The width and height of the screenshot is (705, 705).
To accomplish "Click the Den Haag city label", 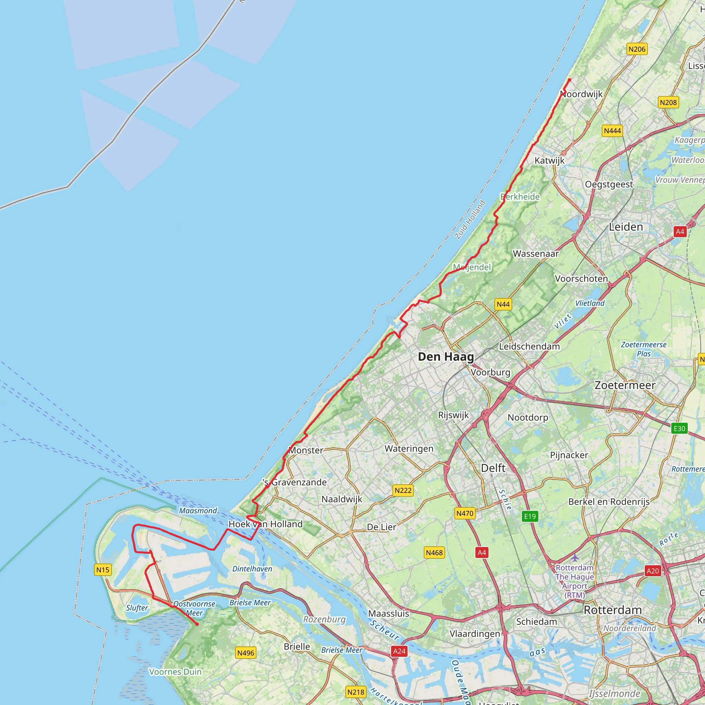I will pyautogui.click(x=445, y=357).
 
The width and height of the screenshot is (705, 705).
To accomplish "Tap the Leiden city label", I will pyautogui.click(x=626, y=227).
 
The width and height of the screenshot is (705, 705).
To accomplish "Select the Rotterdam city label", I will pyautogui.click(x=613, y=610).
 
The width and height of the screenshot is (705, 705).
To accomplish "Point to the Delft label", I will pyautogui.click(x=493, y=468).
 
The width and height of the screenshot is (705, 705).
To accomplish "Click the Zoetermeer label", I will pyautogui.click(x=625, y=385).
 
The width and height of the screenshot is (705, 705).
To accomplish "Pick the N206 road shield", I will pyautogui.click(x=637, y=49).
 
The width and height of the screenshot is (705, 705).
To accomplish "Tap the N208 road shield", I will pyautogui.click(x=668, y=103).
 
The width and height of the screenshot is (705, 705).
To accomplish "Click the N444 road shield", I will pyautogui.click(x=612, y=130).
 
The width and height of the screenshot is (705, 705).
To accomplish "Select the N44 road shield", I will pyautogui.click(x=503, y=304).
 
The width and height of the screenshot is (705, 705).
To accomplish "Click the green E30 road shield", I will pyautogui.click(x=679, y=428).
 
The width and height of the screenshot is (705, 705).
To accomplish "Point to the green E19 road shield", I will pyautogui.click(x=530, y=516).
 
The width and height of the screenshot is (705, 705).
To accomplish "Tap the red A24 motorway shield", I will pyautogui.click(x=399, y=651).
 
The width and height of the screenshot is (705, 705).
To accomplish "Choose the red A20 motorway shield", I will pyautogui.click(x=652, y=571).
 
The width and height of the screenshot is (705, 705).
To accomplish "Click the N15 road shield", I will pyautogui.click(x=103, y=570).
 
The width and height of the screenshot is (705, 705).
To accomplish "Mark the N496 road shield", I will pyautogui.click(x=245, y=653).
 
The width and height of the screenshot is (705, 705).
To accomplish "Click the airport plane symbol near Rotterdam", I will pyautogui.click(x=575, y=558).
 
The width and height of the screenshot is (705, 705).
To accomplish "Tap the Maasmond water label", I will pyautogui.click(x=198, y=511).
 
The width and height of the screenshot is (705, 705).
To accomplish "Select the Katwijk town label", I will pyautogui.click(x=549, y=160).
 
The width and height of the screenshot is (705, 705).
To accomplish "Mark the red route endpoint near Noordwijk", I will pyautogui.click(x=569, y=80).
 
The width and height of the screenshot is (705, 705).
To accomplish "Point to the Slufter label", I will pyautogui.click(x=137, y=608).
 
